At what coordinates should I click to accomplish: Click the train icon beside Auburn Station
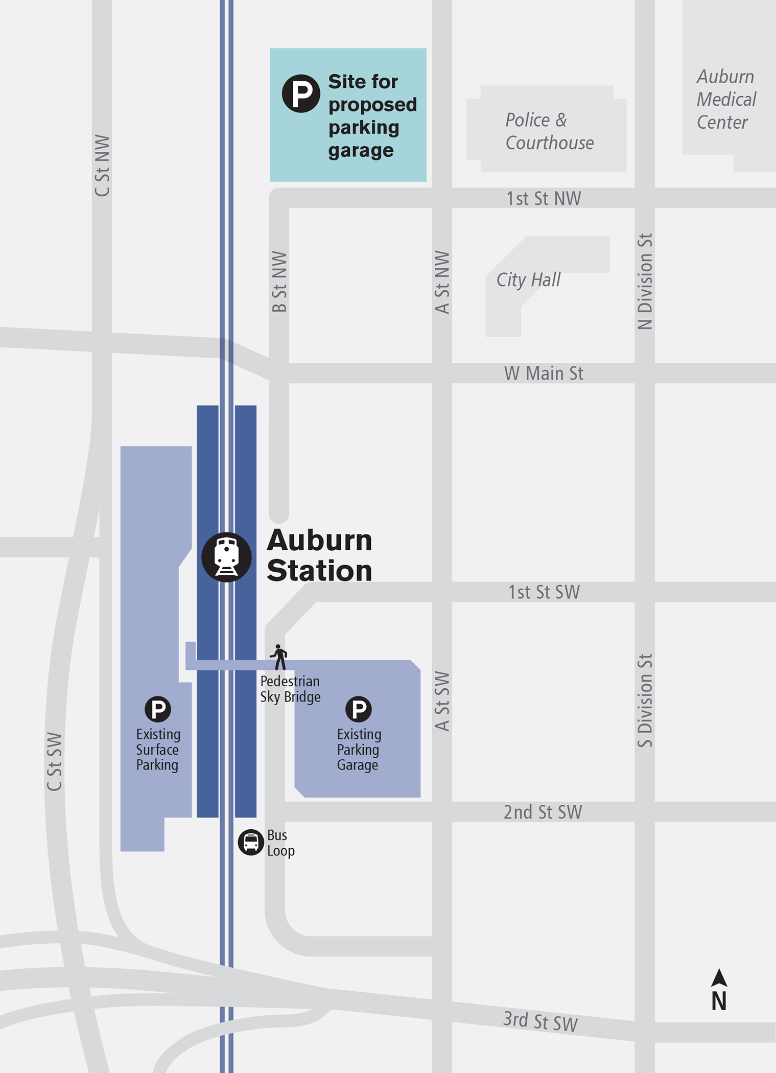(226, 557)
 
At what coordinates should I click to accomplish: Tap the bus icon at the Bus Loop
(250, 842)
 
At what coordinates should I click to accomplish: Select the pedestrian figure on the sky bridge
(279, 657)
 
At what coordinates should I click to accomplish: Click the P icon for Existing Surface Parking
(158, 709)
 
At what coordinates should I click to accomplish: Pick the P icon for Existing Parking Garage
(359, 709)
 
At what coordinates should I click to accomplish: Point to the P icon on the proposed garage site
(301, 94)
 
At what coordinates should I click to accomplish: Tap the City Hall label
(528, 280)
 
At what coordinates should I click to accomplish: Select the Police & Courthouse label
(549, 131)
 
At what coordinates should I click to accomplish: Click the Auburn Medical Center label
(726, 99)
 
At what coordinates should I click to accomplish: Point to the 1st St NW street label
(544, 198)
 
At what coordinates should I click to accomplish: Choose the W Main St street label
(544, 374)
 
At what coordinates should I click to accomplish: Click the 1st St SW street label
(544, 592)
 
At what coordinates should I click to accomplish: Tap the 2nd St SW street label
(543, 812)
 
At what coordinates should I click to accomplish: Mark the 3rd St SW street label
(540, 1021)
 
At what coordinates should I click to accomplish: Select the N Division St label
(645, 282)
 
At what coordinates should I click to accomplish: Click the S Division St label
(645, 701)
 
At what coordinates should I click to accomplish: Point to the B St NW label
(279, 282)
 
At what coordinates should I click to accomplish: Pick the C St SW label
(54, 762)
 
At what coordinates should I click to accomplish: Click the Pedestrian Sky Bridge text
(290, 689)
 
